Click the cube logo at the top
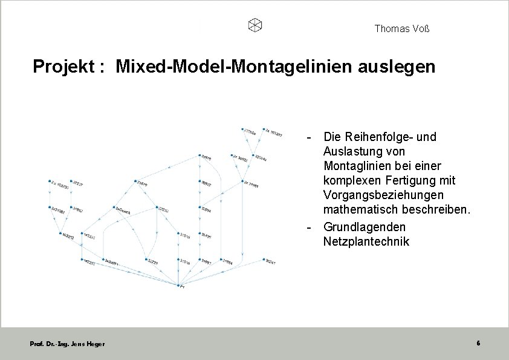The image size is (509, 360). [x=255, y=25]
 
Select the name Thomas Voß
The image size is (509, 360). [x=402, y=28]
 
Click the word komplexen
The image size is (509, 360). [x=351, y=180]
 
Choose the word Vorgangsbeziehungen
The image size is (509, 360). [x=383, y=195]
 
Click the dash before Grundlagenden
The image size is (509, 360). [x=309, y=227]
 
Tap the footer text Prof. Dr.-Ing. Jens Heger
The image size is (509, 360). [x=67, y=344]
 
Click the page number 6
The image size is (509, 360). [x=478, y=343]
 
